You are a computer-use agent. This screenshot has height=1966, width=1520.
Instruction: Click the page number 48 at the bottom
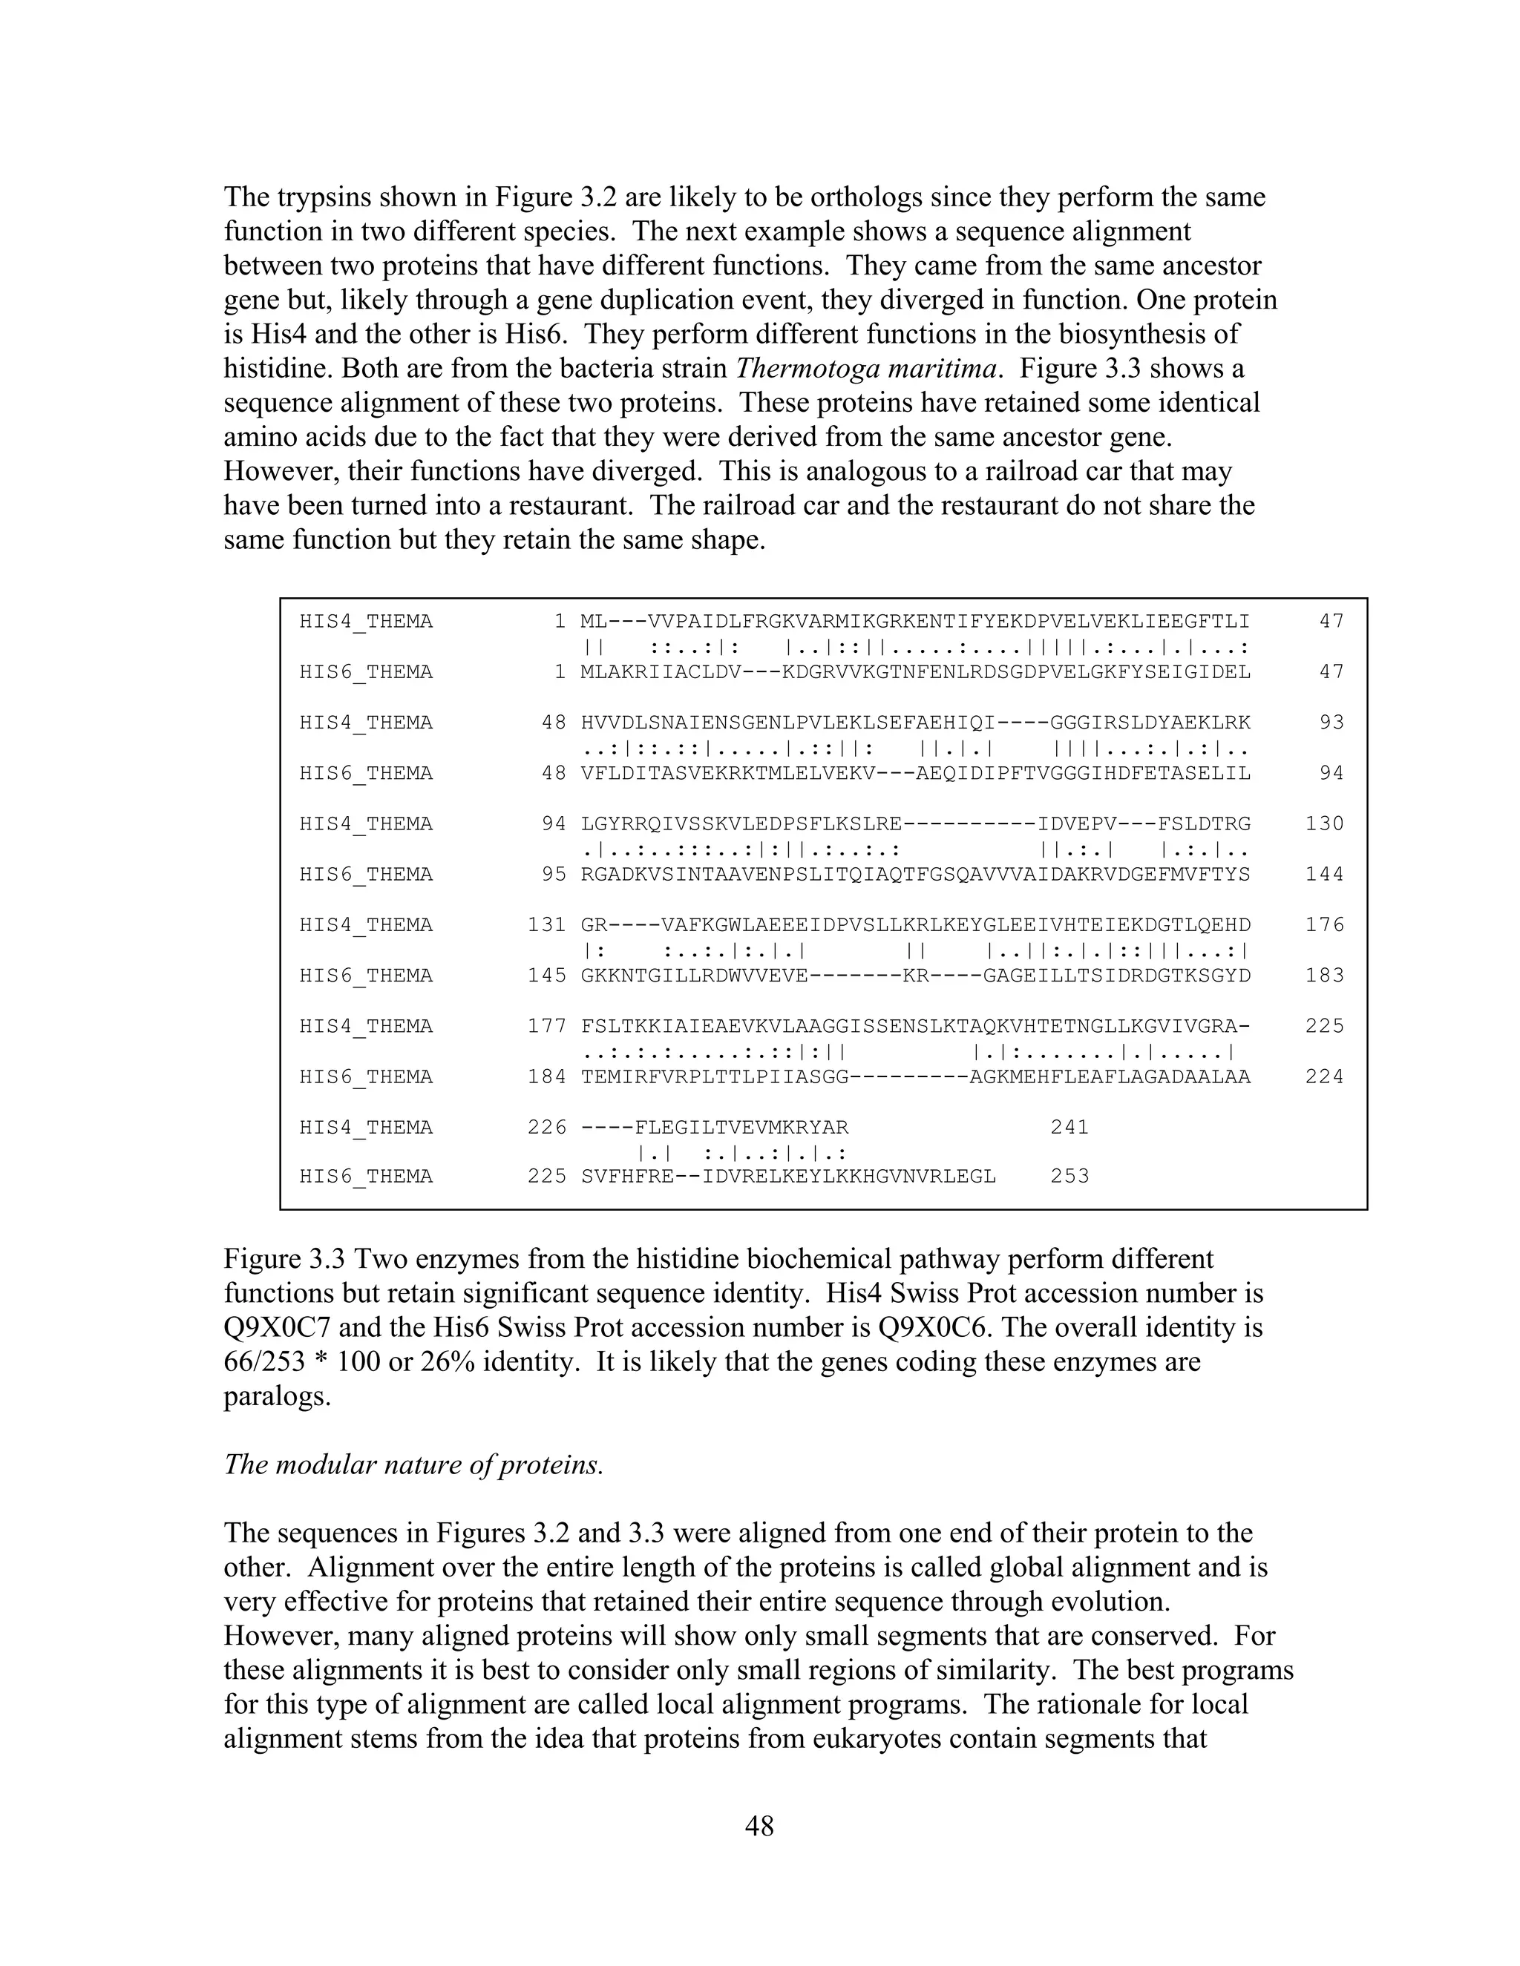759,1826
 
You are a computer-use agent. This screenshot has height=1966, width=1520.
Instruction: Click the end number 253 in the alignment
1069,1177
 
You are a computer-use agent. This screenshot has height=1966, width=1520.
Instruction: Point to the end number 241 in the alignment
1069,1127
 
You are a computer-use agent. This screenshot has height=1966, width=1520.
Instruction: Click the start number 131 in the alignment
546,925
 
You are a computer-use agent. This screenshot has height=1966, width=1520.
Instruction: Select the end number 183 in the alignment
1325,976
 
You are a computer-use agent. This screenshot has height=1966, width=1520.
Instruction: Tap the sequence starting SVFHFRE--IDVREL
789,1177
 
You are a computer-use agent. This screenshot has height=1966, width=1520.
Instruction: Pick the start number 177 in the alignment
546,1026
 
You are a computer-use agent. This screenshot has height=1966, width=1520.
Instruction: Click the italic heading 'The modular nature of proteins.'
413,1464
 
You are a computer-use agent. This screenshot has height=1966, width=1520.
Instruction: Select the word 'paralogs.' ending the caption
278,1396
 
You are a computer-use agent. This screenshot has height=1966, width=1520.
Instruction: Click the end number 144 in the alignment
1325,875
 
